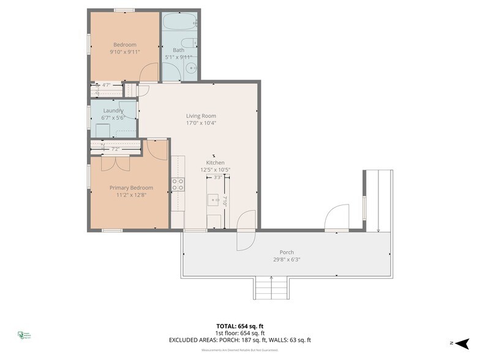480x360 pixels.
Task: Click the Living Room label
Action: coord(201,116)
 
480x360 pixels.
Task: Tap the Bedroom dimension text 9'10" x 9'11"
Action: coord(126,51)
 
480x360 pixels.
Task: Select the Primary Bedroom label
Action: coord(131,187)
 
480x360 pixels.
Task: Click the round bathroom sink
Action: coord(191,69)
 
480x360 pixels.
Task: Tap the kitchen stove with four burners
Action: coord(178,184)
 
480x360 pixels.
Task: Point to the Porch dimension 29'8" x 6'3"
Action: coord(286,260)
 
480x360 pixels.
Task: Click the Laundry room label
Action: coord(113,111)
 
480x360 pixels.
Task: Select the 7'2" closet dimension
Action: coord(114,149)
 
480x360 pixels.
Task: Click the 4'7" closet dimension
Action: coord(107,85)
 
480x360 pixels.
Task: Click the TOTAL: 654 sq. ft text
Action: coord(240,326)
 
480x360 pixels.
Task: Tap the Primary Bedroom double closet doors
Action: coord(115,163)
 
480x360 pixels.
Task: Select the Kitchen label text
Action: coord(215,162)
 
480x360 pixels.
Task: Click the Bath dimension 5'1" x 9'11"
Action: coord(178,58)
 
